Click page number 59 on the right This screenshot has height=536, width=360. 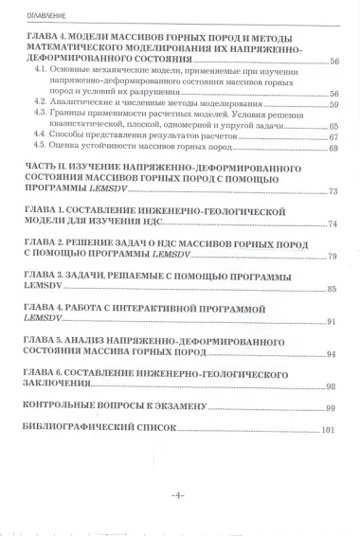[333, 104]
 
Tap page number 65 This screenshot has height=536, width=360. [333, 126]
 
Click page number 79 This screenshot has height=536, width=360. [333, 257]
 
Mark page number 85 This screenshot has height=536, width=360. [333, 289]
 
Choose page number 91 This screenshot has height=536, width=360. [333, 322]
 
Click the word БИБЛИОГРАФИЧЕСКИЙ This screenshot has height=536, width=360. [76, 429]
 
